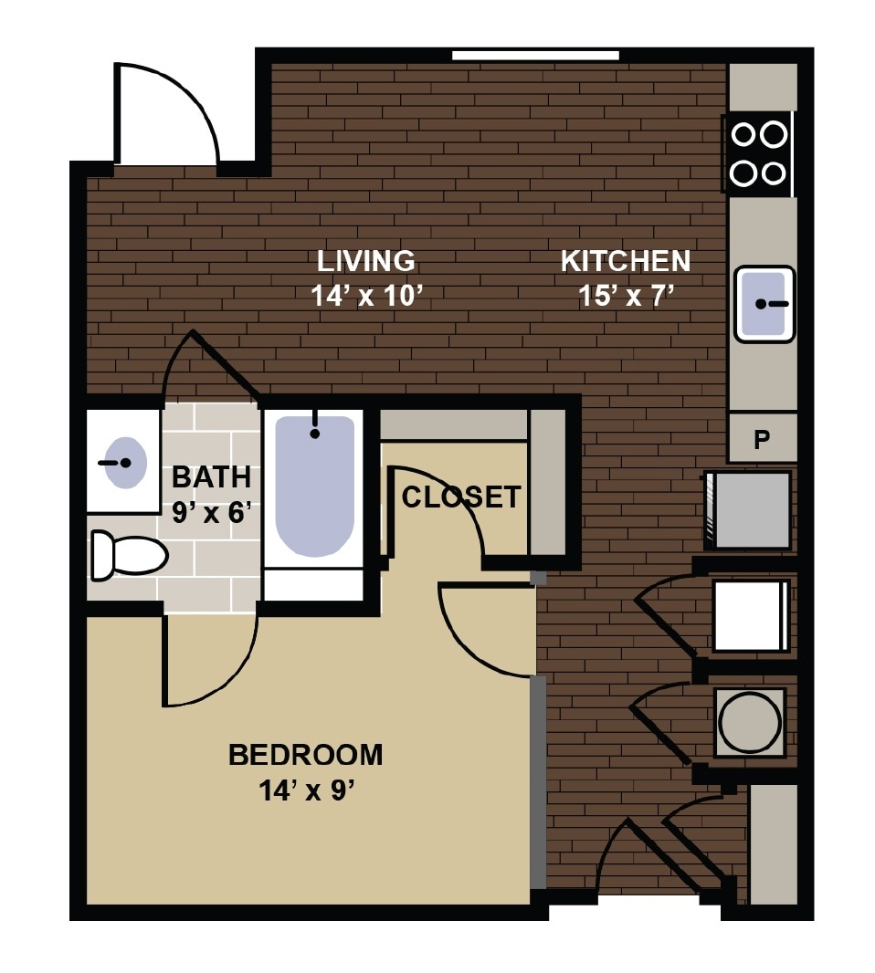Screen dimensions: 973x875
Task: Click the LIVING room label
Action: pos(365,261)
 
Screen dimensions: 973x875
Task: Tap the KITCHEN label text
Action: pos(626,261)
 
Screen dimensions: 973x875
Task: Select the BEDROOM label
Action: pos(305,755)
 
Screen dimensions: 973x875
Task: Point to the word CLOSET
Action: pos(461,497)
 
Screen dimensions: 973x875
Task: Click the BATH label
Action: pos(211,476)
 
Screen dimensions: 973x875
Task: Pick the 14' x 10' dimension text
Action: pos(365,297)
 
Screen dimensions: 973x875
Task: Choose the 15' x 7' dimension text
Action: pos(626,297)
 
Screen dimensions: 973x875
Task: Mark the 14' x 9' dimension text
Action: pos(305,790)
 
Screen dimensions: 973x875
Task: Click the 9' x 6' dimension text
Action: pos(212,512)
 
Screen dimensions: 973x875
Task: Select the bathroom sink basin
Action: pos(123,463)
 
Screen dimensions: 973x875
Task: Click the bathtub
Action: pos(314,486)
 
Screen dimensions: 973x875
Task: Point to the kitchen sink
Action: pos(764,303)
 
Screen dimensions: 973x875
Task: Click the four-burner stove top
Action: pos(759,153)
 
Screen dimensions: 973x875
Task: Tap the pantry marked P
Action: pos(762,440)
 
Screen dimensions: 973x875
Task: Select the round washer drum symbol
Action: pos(750,722)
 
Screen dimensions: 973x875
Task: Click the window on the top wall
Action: pos(535,56)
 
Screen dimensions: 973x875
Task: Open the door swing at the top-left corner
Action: pos(164,114)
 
